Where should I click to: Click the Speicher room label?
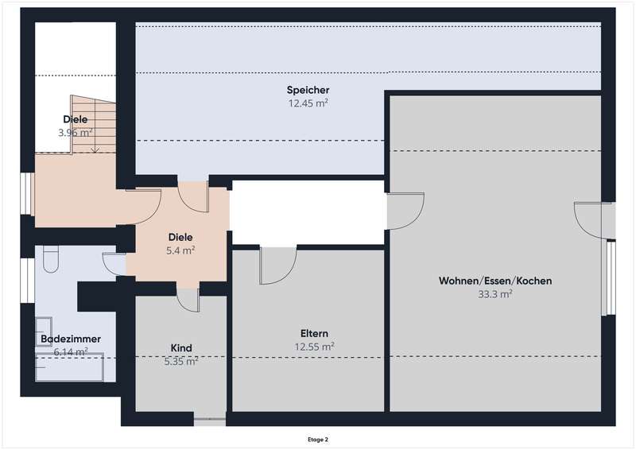click(308, 90)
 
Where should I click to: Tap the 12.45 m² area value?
click(308, 103)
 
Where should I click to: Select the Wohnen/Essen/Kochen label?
click(495, 281)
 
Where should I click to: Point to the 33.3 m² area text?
click(494, 294)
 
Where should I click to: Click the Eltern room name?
click(314, 334)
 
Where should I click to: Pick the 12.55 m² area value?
click(314, 347)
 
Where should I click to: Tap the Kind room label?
click(181, 347)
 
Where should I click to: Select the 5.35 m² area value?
click(181, 361)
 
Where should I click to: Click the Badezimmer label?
click(71, 339)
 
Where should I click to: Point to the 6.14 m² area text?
click(71, 351)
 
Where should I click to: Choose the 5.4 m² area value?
click(180, 250)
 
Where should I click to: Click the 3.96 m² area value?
click(76, 132)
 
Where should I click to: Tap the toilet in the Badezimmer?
click(51, 259)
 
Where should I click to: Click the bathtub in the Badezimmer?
click(69, 367)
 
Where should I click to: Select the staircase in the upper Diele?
click(93, 124)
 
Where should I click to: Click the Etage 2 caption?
click(317, 440)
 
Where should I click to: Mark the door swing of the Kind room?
click(188, 301)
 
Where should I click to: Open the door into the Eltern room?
click(278, 266)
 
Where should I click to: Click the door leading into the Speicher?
click(193, 197)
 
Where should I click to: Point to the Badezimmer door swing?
click(114, 265)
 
